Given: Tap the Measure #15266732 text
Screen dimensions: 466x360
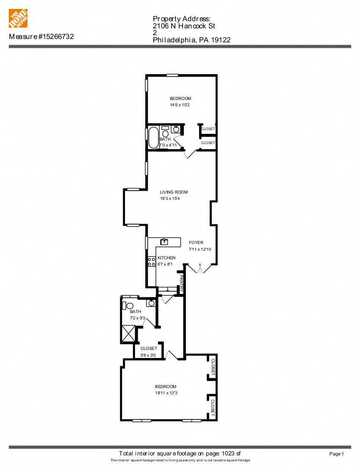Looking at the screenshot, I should point(42,37).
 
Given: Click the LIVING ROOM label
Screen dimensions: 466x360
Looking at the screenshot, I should point(174,192).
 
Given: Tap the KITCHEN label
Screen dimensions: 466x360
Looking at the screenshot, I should point(166,258).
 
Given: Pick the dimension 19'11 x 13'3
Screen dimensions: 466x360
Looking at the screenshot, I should point(166,393).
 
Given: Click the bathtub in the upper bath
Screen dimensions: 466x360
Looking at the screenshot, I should point(152,137).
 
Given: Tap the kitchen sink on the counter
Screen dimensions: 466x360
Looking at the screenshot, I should point(164,242).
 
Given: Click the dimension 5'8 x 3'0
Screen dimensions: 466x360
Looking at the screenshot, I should point(149,355).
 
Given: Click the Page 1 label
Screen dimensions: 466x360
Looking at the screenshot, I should point(336,454).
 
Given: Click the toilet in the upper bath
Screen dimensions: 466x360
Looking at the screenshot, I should point(165,133).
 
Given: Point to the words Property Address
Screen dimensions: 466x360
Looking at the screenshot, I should point(181,19).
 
